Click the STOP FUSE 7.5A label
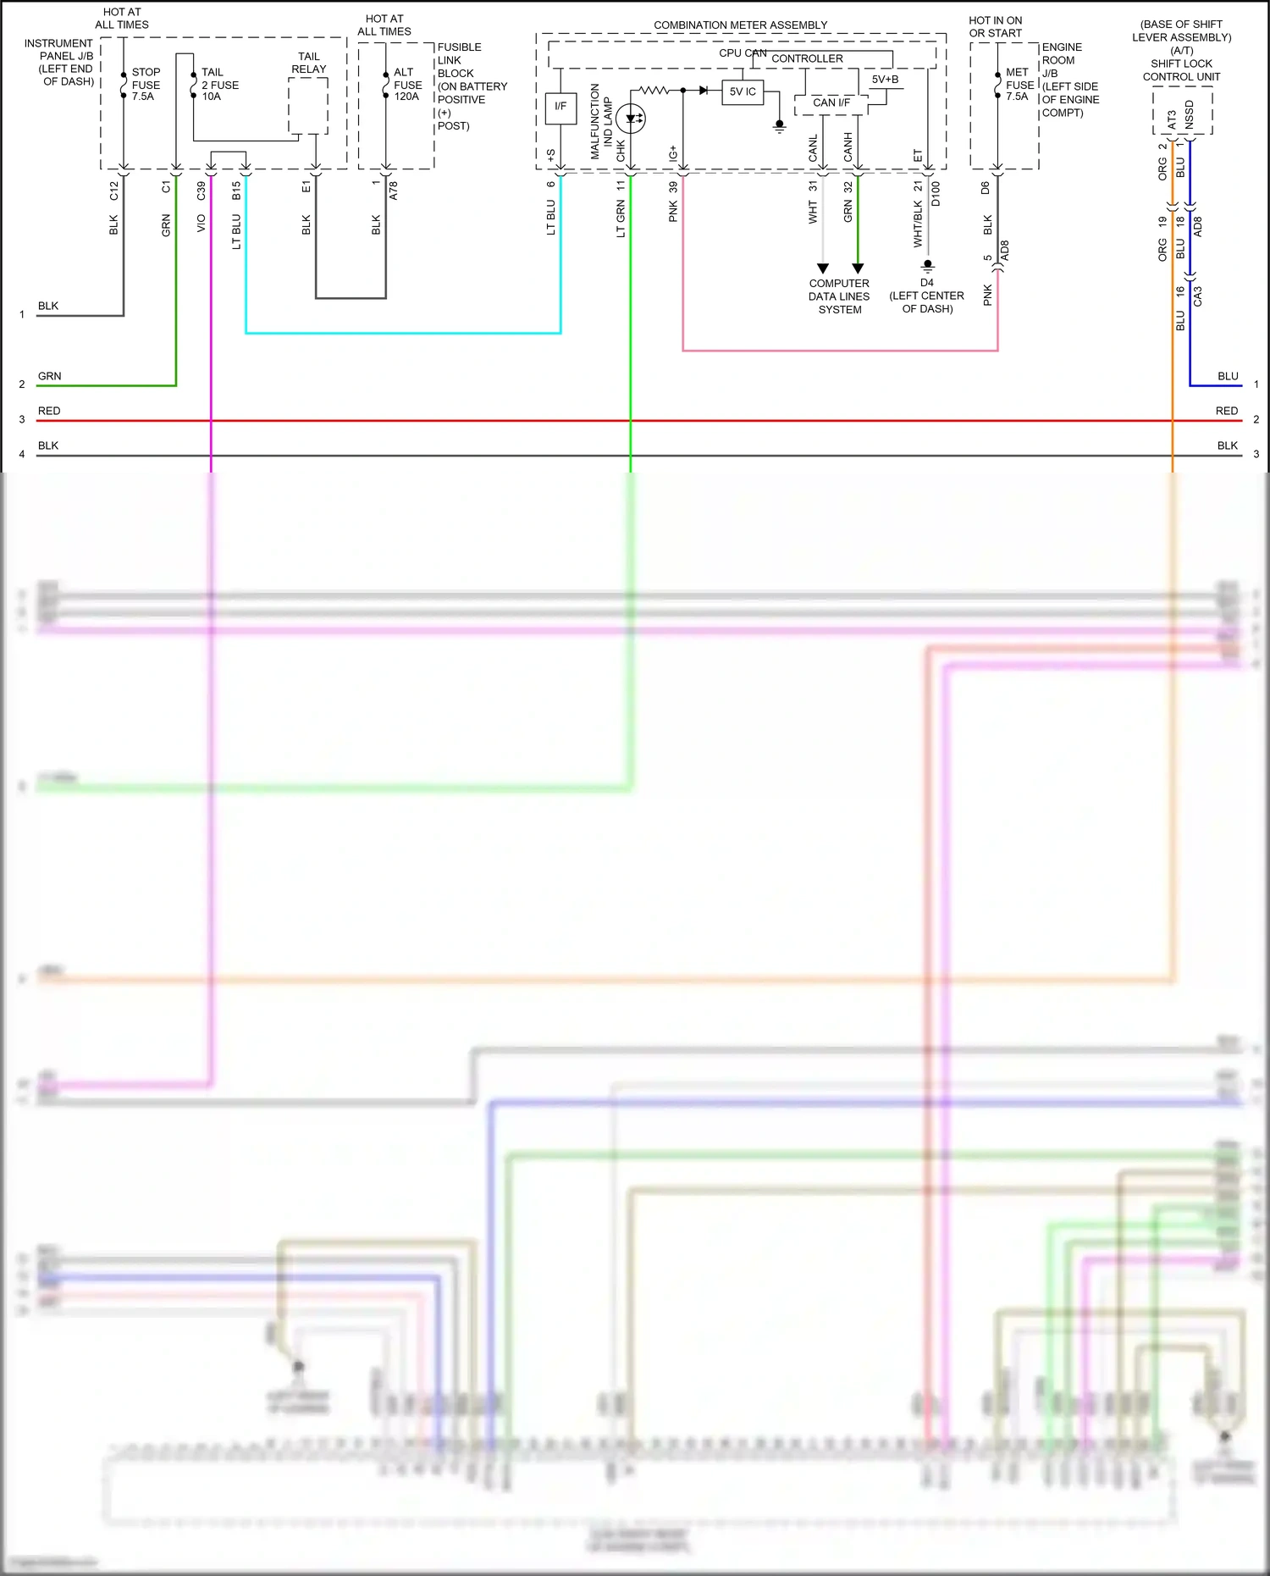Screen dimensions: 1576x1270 146,85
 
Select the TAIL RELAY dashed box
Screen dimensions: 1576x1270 308,106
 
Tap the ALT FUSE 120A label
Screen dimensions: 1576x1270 407,85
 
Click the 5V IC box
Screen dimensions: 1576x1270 743,91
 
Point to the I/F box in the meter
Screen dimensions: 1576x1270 560,107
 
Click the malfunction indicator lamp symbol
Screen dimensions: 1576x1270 631,119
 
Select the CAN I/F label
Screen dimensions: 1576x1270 831,102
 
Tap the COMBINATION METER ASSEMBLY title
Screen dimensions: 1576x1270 740,25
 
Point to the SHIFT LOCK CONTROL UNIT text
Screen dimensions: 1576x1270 1181,70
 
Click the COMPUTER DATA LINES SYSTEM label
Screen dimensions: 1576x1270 839,296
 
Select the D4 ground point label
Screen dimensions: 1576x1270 927,283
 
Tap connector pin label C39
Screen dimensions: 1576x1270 202,191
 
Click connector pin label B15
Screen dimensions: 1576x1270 237,191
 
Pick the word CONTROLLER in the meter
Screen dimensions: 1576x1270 807,58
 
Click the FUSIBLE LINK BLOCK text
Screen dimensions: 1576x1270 459,60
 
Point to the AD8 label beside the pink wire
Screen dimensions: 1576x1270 1005,251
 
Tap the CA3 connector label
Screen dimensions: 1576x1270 1197,296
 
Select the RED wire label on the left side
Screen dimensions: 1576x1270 49,411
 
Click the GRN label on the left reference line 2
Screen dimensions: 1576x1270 49,376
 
